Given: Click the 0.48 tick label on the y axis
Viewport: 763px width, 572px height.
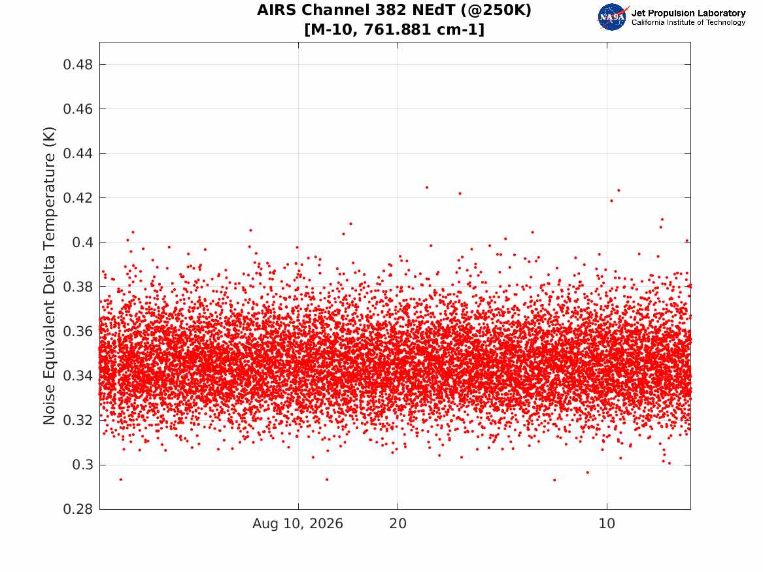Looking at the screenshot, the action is click(77, 64).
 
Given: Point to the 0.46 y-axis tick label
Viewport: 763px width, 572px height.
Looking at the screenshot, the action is click(77, 109).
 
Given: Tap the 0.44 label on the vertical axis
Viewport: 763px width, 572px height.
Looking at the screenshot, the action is click(77, 154).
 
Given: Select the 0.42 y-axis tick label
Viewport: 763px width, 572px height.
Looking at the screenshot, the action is click(77, 198).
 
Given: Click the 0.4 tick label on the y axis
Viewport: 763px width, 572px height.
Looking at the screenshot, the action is click(82, 243).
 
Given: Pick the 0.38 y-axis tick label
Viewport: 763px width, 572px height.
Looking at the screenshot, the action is click(77, 287).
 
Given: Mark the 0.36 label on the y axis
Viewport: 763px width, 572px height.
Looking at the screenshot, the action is click(77, 331).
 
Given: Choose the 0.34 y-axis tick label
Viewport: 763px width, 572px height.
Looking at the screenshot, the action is click(77, 376).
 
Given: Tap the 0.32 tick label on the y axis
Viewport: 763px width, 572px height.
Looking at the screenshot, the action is click(77, 420).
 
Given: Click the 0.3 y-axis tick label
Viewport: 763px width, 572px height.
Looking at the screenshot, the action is click(82, 465).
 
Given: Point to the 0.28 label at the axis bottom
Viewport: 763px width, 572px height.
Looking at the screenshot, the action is click(77, 509).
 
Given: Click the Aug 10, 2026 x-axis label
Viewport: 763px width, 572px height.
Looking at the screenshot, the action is click(297, 524).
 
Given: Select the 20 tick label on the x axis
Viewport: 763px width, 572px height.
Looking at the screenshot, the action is click(398, 524).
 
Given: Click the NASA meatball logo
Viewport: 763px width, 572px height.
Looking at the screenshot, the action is click(613, 17).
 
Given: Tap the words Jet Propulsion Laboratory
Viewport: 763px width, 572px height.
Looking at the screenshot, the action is click(688, 13).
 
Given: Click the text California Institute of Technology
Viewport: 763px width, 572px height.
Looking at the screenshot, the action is click(688, 22).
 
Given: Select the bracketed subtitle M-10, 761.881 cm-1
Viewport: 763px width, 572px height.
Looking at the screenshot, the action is click(394, 29).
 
